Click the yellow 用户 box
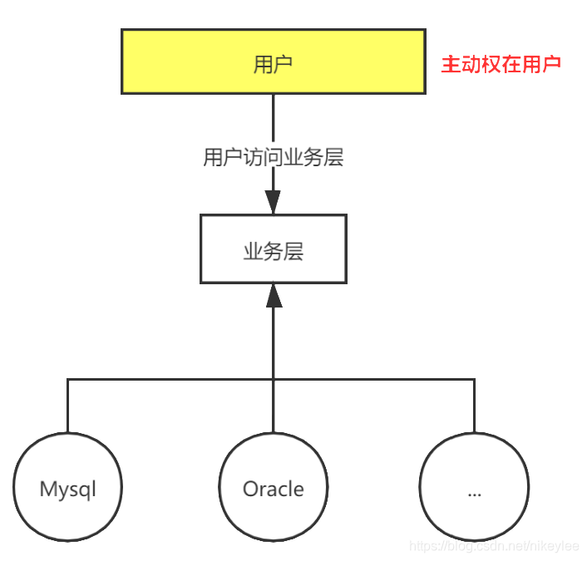tap(273, 62)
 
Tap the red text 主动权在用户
tap(501, 64)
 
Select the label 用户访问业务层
tap(273, 158)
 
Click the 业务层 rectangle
tap(273, 249)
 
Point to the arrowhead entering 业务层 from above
tap(273, 202)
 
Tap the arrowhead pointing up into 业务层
tap(273, 296)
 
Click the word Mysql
tap(68, 489)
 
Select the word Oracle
tap(273, 489)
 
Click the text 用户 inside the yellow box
tap(273, 64)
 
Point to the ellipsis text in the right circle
tap(474, 492)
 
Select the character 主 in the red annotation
tap(450, 64)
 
